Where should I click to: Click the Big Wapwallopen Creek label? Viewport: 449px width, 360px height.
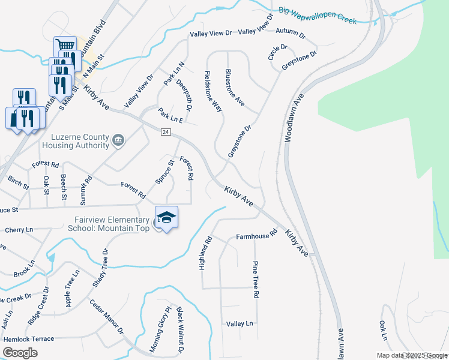coord(318,16)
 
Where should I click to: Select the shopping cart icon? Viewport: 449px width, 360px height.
coord(65,45)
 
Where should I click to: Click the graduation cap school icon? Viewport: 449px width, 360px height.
coord(166,217)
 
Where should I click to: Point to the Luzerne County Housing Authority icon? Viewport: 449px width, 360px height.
coord(118,141)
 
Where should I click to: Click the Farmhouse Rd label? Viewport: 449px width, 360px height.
coord(256,236)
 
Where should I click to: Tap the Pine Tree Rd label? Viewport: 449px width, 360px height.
coord(255,280)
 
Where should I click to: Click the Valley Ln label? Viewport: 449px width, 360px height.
coord(240,323)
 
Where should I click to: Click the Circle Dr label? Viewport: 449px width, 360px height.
coord(277,52)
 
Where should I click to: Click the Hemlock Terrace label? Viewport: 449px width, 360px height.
coord(28,339)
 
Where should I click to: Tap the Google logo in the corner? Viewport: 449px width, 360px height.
coord(20,353)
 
